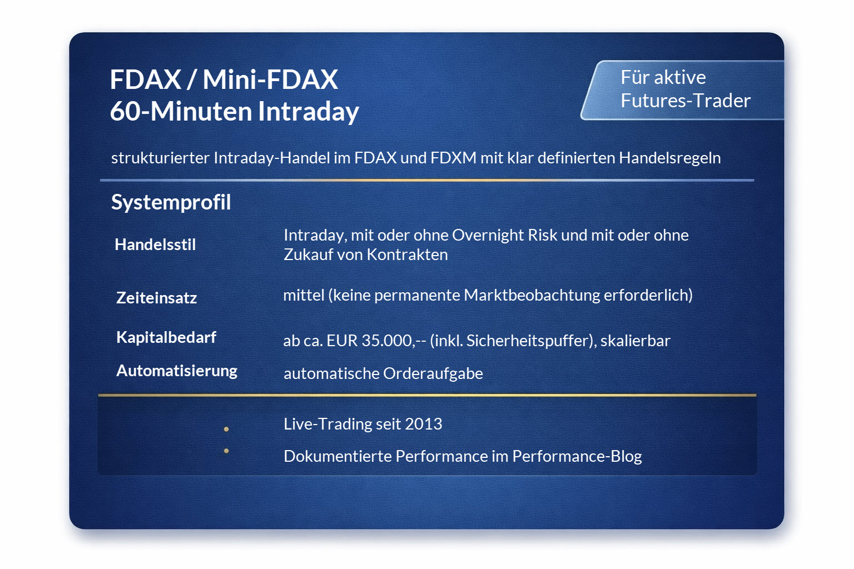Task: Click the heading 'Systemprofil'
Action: [x=171, y=202]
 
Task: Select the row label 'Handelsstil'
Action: [x=155, y=244]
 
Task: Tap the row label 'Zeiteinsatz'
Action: [x=156, y=298]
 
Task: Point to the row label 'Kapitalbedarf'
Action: [x=166, y=337]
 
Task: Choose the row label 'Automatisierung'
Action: [x=177, y=371]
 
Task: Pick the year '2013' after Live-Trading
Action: [x=424, y=424]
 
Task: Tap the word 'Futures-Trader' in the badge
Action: [x=685, y=101]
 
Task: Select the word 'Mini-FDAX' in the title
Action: [x=270, y=79]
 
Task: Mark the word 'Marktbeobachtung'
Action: [x=532, y=295]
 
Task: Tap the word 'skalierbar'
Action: [x=635, y=340]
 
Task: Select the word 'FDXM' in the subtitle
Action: [x=453, y=158]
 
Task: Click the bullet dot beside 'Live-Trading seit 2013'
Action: [x=226, y=429]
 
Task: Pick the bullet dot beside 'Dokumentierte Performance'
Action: [x=226, y=451]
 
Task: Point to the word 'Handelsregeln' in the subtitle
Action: [x=669, y=158]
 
